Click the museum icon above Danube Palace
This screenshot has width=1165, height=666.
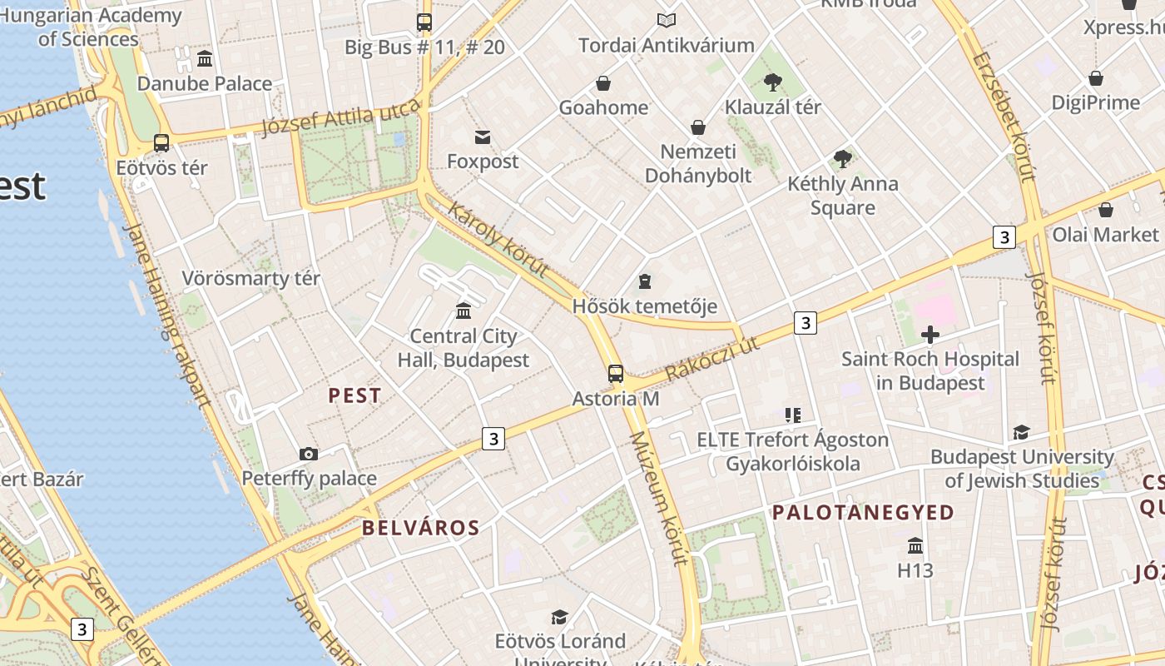click(205, 58)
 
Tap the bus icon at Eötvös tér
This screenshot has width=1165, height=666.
click(161, 143)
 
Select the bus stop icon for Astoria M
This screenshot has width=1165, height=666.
click(616, 374)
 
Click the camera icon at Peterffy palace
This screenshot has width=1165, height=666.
click(309, 454)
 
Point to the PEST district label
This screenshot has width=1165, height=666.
click(355, 395)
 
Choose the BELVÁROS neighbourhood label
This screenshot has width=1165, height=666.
click(421, 527)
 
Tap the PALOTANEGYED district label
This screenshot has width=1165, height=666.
click(864, 512)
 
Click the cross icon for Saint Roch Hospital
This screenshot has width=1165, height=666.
click(930, 335)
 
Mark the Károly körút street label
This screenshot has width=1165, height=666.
click(498, 240)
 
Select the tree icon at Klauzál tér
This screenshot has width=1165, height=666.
click(773, 82)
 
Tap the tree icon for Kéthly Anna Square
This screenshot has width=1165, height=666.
click(843, 158)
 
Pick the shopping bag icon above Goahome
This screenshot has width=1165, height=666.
click(603, 83)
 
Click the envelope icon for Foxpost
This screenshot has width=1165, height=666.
click(483, 137)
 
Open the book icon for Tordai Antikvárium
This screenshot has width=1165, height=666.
click(666, 21)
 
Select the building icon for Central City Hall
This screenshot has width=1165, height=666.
click(464, 311)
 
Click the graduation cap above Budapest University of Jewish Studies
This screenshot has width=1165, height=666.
click(1021, 432)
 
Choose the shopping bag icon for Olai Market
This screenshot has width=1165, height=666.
click(1106, 210)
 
